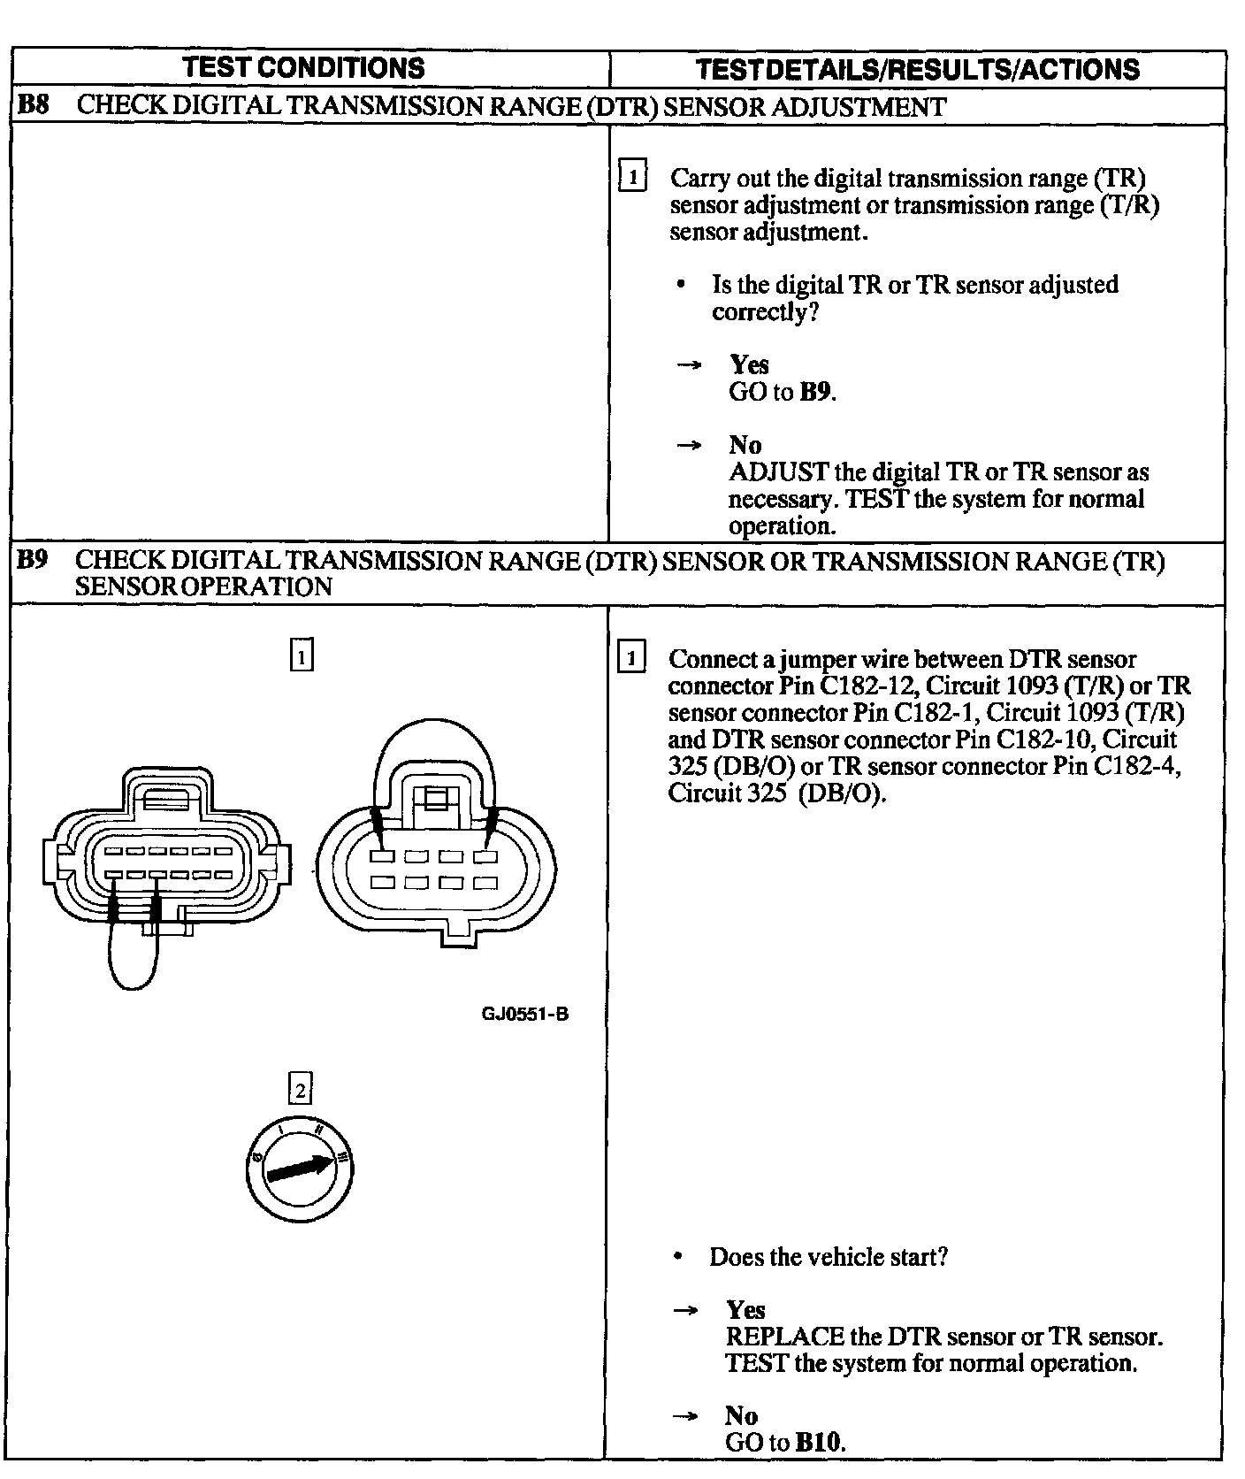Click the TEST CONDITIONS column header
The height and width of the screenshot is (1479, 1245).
(304, 68)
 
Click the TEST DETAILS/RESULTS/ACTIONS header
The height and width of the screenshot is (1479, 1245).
(917, 69)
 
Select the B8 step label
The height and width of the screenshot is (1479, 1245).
(34, 106)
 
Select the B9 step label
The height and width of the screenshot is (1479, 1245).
(33, 560)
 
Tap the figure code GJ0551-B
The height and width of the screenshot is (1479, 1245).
(524, 1014)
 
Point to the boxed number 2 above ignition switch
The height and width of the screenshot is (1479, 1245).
(301, 1090)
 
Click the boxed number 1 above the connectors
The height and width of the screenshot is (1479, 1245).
(302, 656)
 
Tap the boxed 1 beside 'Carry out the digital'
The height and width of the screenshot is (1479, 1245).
(632, 176)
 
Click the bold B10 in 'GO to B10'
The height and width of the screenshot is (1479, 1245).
(820, 1443)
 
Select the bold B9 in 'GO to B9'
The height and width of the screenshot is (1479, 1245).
(816, 392)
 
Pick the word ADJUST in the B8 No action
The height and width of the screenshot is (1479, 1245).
(778, 472)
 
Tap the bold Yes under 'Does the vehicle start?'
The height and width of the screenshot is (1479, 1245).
(745, 1309)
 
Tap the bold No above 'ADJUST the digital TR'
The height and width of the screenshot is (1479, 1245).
(745, 445)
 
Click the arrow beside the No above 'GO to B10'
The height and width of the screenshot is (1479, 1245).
(685, 1416)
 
